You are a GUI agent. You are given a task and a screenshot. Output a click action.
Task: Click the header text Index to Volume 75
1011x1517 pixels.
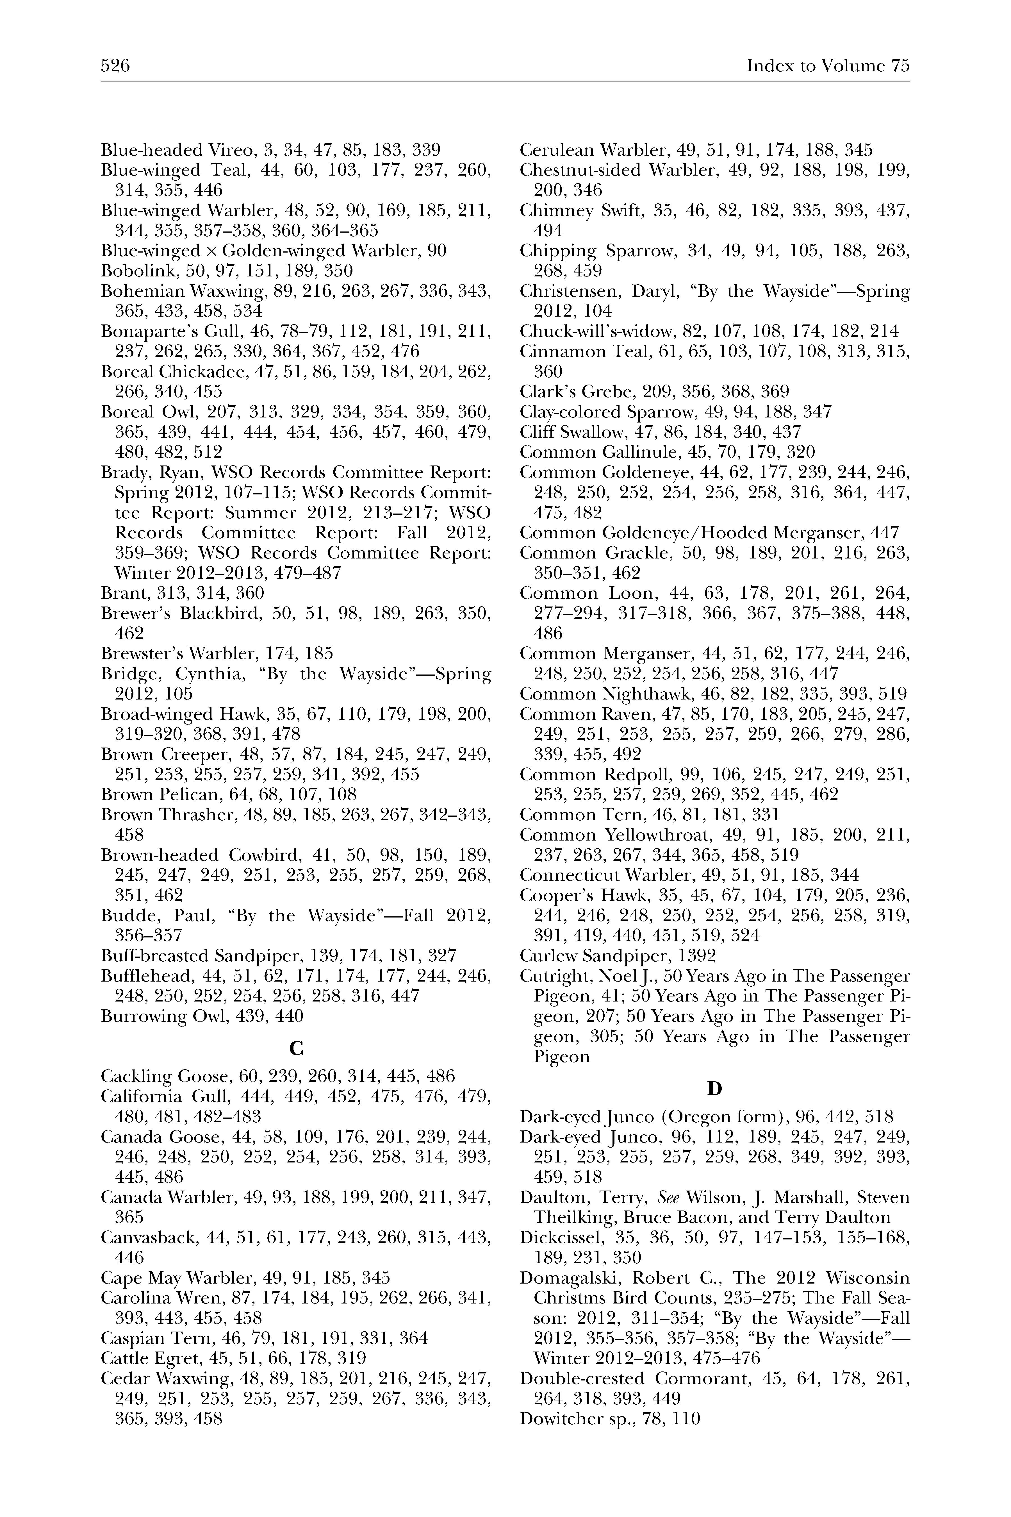828,66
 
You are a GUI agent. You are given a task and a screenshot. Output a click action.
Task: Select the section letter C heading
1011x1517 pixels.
296,1049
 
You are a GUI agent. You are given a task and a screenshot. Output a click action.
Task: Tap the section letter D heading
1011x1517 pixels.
714,1089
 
